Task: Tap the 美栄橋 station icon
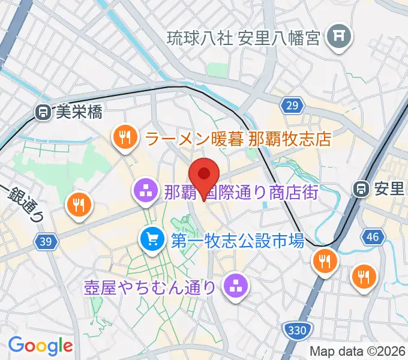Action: (x=43, y=111)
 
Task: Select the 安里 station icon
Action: (x=362, y=188)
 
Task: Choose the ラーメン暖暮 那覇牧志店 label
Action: (x=238, y=139)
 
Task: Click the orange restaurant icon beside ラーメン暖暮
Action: (x=124, y=138)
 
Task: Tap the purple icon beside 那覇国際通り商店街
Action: (x=144, y=192)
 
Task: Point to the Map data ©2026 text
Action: (x=357, y=351)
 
